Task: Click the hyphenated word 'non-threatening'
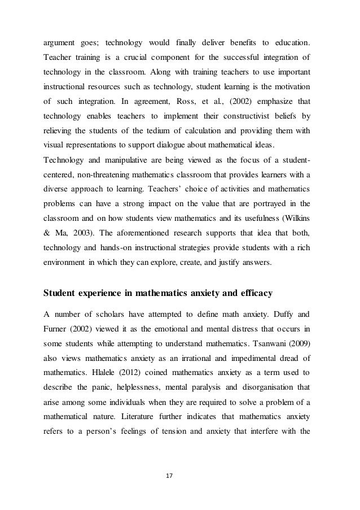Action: coord(107,182)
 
